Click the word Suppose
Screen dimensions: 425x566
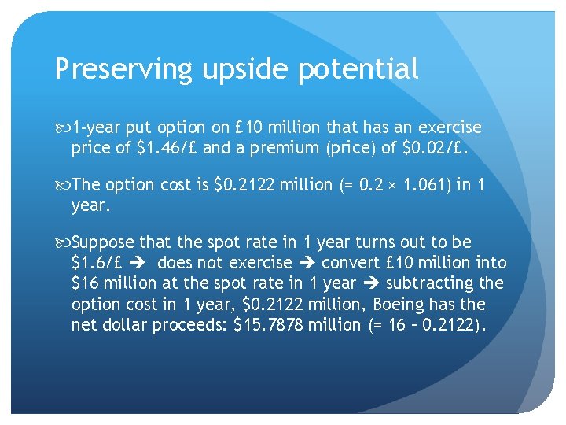coord(104,242)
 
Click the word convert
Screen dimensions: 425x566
coord(350,263)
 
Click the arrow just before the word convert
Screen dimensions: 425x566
coord(308,263)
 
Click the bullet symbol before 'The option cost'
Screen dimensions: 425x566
coord(63,185)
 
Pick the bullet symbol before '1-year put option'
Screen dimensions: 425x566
coord(63,128)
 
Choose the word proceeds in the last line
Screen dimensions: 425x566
coord(193,324)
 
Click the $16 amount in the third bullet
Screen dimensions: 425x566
coord(86,283)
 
